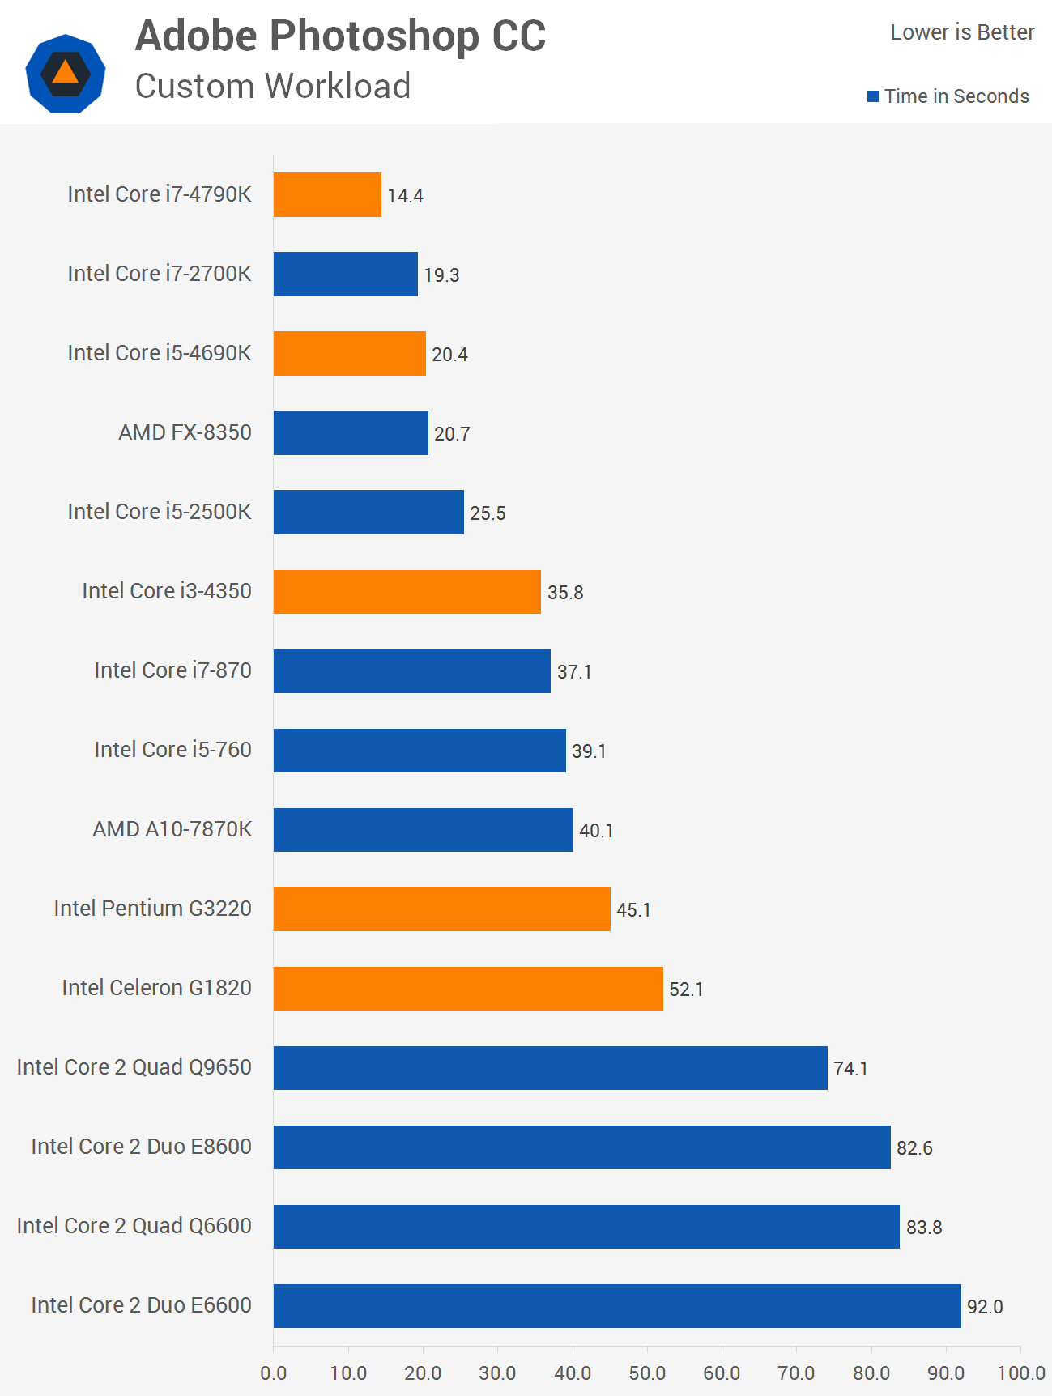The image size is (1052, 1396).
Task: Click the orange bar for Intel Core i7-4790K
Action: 327,194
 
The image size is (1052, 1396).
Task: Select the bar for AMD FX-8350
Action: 351,432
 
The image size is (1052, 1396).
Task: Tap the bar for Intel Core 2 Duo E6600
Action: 617,1305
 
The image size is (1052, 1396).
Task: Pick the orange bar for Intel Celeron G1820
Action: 468,988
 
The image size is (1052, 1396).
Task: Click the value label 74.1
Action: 850,1069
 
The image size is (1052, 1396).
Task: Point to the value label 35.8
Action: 565,593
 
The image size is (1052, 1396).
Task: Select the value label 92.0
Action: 985,1307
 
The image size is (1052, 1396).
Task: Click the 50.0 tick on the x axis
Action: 647,1373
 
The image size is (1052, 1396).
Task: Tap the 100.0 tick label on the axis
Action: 1021,1373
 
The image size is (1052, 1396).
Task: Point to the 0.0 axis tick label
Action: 274,1373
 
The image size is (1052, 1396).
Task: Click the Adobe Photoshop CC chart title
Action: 340,36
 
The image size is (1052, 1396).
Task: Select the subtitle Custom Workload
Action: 273,86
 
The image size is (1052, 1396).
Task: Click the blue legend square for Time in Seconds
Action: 873,96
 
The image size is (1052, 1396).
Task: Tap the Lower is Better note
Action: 962,32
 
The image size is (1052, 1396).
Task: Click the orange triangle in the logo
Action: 66,73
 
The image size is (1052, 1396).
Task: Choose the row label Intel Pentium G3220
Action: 152,909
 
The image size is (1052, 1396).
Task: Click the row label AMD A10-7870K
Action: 172,829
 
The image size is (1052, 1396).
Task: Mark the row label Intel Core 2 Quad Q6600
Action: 134,1226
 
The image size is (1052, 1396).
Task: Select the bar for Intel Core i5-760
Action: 420,750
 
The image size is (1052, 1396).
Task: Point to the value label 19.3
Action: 441,275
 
